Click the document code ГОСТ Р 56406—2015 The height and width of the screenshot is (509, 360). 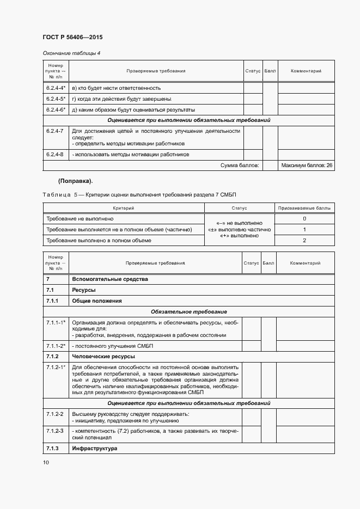pyautogui.click(x=72, y=38)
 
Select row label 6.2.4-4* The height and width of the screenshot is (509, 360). pyautogui.click(x=56, y=88)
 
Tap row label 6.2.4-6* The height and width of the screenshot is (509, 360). pyautogui.click(x=56, y=109)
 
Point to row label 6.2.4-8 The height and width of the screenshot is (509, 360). pyautogui.click(x=55, y=155)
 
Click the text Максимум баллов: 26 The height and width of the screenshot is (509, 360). pyautogui.click(x=307, y=165)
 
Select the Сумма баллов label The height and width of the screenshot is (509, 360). pyautogui.click(x=240, y=165)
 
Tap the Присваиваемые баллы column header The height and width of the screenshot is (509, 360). pyautogui.click(x=304, y=208)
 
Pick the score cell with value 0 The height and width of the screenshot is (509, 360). pyautogui.click(x=304, y=218)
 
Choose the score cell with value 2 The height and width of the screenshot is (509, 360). pyautogui.click(x=304, y=240)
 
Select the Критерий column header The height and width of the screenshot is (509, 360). pyautogui.click(x=123, y=208)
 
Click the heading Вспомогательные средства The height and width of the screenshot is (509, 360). pyautogui.click(x=110, y=279)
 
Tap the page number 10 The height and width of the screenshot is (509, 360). pyautogui.click(x=46, y=462)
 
